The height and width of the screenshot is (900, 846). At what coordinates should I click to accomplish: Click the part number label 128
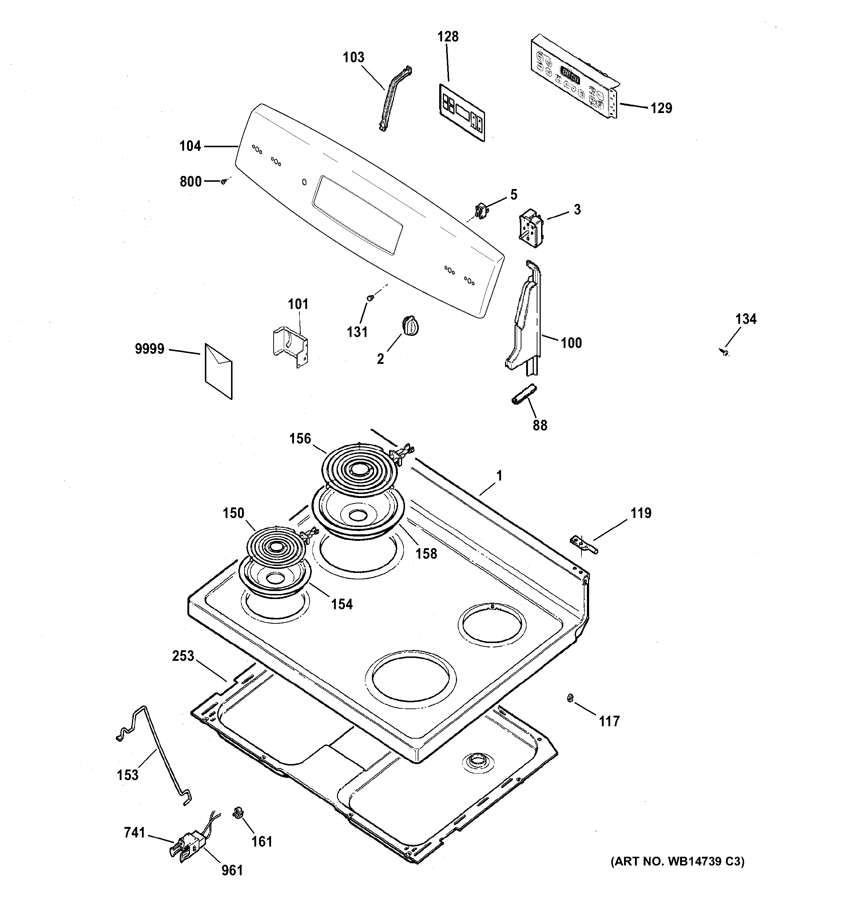448,37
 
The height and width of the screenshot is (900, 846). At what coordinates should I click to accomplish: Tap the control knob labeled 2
410,326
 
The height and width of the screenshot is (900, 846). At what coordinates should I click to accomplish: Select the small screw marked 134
726,352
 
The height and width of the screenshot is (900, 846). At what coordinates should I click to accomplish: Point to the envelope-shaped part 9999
219,371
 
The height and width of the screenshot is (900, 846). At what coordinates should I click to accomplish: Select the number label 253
183,656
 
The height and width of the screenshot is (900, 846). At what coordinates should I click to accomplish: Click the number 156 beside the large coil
301,438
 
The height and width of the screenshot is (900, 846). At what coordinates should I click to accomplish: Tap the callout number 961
232,870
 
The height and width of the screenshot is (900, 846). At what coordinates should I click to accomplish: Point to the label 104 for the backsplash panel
190,146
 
